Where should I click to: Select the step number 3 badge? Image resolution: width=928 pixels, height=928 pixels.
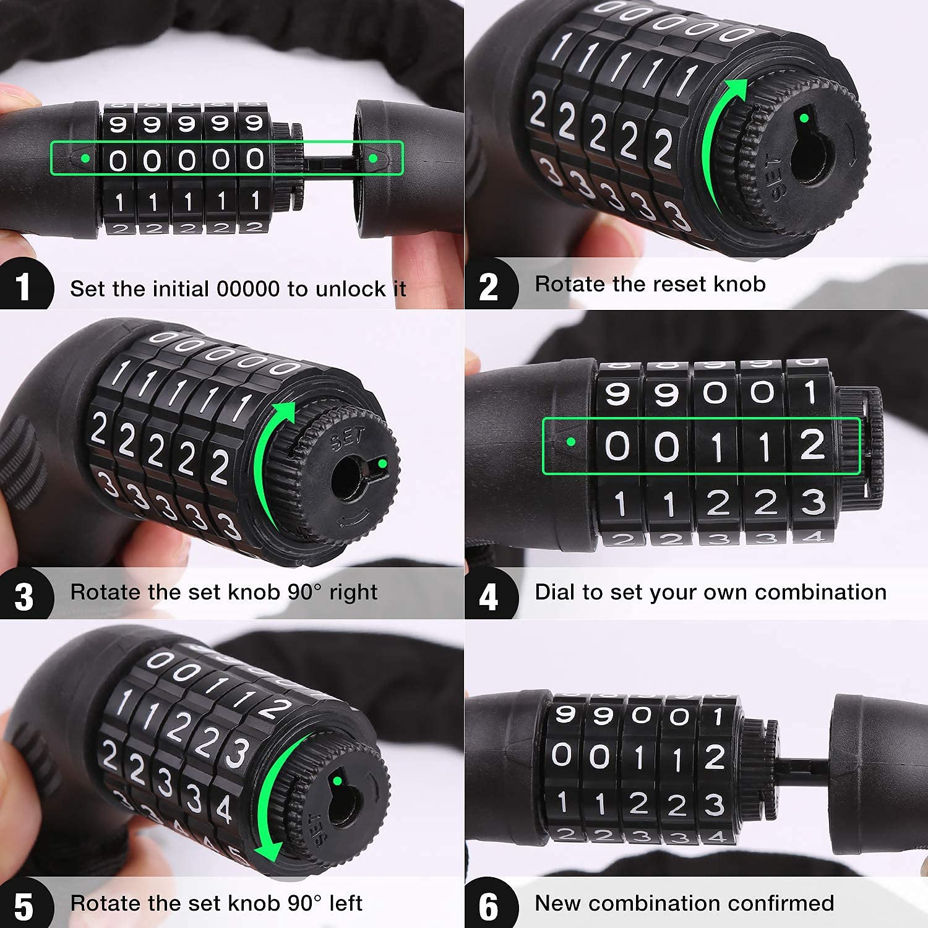point(24,595)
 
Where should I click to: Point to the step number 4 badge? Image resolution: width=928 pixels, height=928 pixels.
point(489,595)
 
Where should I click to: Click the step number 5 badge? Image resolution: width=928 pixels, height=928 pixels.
point(24,904)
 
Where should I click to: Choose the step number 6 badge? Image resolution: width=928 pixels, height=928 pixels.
point(489,904)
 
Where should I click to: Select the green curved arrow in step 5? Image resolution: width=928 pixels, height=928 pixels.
point(272,798)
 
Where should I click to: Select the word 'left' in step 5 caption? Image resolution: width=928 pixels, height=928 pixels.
point(346,903)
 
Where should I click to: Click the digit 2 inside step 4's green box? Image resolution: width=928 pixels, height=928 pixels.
point(813,445)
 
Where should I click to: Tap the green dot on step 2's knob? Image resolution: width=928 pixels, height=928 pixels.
point(804,118)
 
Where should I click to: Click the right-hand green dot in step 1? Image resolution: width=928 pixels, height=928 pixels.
point(373,158)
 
